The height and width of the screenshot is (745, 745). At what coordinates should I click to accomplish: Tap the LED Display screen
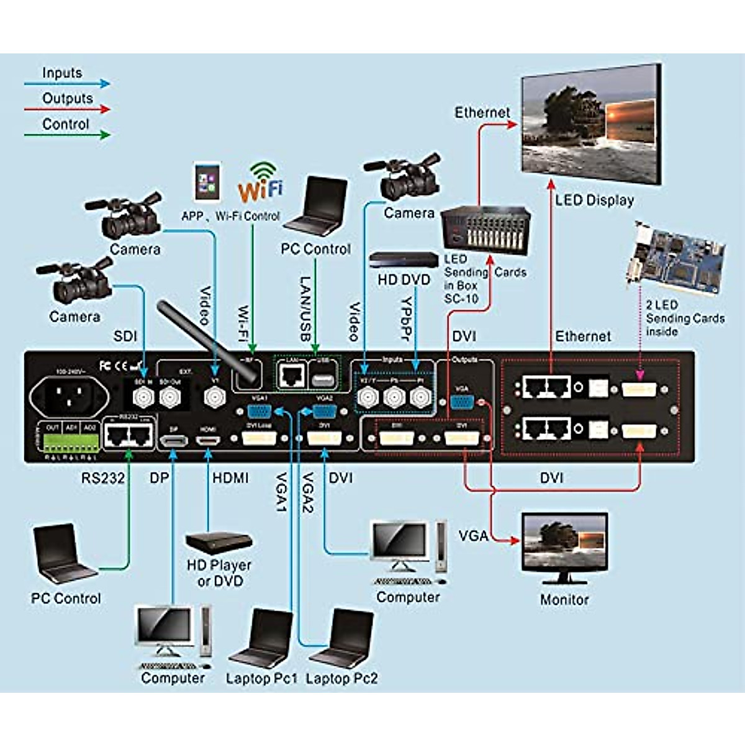coord(589,127)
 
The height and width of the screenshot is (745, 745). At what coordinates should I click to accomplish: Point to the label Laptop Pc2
coord(341,679)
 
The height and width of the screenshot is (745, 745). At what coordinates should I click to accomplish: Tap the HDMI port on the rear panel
coord(208,440)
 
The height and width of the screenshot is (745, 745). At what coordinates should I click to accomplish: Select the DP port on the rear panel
coord(174,440)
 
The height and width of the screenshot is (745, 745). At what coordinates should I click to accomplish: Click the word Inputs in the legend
coord(62,73)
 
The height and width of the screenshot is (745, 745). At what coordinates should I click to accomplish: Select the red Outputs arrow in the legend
coord(67,110)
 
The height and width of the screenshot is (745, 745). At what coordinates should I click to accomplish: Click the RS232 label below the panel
coord(102,478)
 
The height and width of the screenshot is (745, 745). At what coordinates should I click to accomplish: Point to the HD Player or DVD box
coord(219,542)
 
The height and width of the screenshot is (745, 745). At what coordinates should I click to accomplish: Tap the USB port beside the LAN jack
coord(321,378)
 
